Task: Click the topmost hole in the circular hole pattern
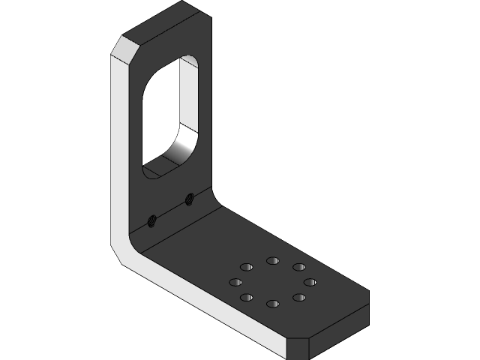point(272,260)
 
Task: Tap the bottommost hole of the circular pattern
point(272,304)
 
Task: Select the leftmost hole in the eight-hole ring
point(235,282)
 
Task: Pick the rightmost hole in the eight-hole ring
point(309,282)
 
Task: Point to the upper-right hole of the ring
point(298,267)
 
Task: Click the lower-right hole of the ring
point(298,298)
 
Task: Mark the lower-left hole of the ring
point(246,298)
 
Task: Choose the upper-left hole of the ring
point(245,266)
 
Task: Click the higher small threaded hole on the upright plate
point(190,199)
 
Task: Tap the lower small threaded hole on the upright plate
point(151,220)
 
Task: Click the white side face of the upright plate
point(120,150)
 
